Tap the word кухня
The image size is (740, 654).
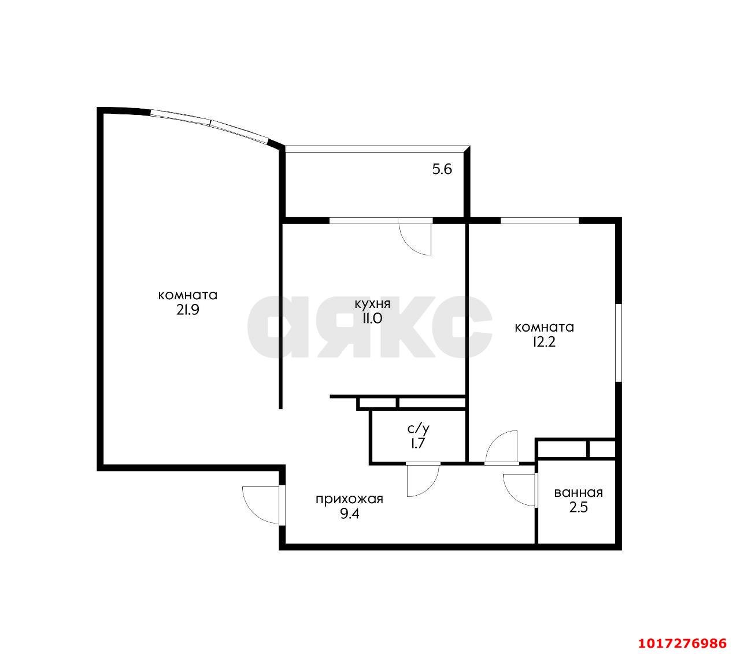[x=372, y=304]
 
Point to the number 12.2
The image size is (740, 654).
[x=544, y=342]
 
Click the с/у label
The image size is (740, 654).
[x=419, y=429]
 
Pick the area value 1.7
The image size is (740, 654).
[x=419, y=444]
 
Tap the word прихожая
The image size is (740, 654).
[x=350, y=499]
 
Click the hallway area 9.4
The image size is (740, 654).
[x=350, y=514]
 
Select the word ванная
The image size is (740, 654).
[x=579, y=493]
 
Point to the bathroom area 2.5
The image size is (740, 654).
[x=579, y=507]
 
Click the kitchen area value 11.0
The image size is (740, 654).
[x=372, y=318]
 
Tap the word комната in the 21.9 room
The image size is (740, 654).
[x=188, y=295]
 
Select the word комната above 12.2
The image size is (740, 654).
[x=544, y=328]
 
